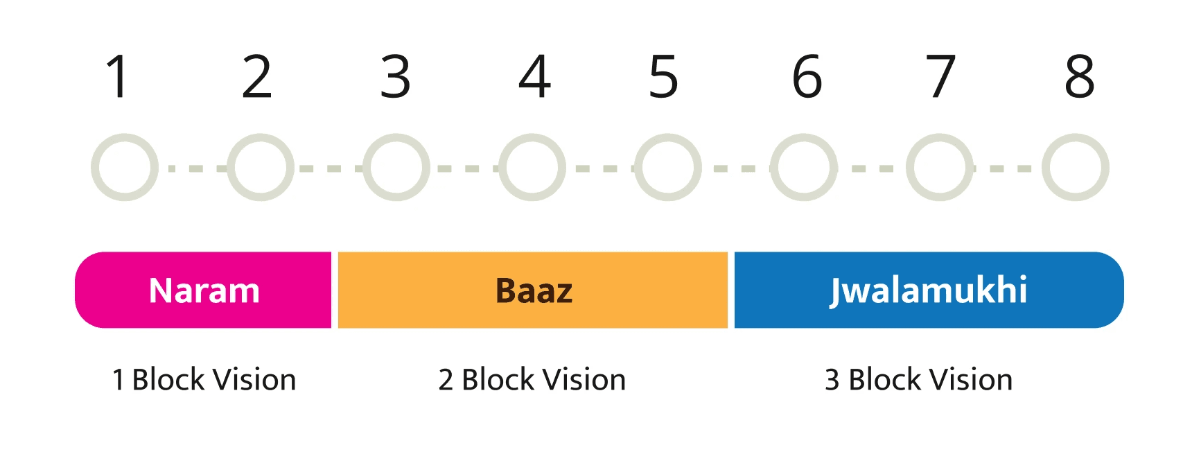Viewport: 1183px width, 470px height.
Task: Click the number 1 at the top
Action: [117, 76]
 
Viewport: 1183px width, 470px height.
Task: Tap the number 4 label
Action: [534, 76]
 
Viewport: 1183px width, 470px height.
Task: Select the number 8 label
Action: [1080, 76]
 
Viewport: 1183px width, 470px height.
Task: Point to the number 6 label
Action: [807, 76]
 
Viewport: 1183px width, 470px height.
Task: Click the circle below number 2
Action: [261, 137]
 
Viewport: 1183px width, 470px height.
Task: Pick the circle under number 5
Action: [668, 137]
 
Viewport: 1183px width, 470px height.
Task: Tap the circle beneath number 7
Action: [940, 137]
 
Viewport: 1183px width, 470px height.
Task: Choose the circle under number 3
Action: [396, 137]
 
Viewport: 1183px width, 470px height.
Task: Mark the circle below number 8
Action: [1076, 137]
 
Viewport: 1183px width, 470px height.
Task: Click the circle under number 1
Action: [125, 137]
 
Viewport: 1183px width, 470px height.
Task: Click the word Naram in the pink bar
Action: [204, 290]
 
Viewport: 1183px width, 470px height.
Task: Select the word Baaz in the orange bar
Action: [534, 290]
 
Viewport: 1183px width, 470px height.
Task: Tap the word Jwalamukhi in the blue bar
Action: [928, 290]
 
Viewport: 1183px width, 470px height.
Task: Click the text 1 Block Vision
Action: [204, 380]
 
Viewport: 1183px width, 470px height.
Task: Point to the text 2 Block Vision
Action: [532, 380]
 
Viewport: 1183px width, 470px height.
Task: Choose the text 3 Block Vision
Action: [919, 380]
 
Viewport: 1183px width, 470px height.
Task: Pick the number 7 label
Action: [940, 76]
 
